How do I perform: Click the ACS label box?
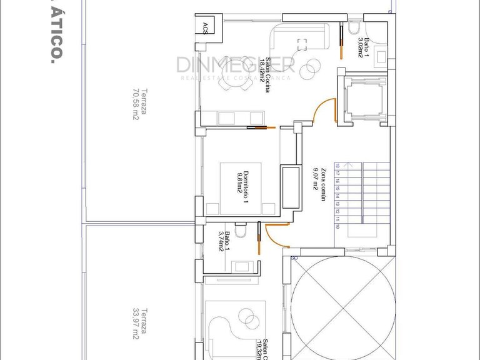206,27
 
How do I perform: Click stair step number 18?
338,166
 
